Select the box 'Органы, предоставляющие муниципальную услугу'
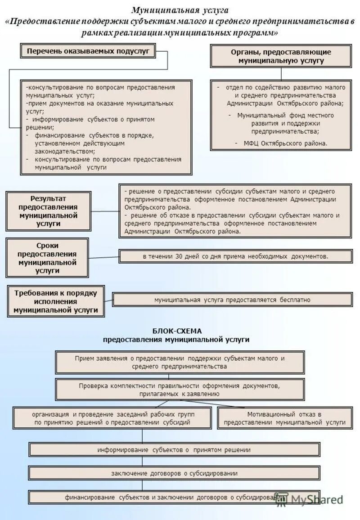281,56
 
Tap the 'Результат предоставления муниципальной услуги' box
48,211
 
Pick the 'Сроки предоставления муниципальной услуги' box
47,258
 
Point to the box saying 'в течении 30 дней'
235,256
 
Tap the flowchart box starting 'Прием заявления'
180,363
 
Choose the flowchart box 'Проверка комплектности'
180,390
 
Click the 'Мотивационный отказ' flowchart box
284,418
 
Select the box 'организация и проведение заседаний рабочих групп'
112,418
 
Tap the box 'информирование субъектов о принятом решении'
174,449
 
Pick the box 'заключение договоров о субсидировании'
174,473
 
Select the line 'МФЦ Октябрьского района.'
285,143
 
